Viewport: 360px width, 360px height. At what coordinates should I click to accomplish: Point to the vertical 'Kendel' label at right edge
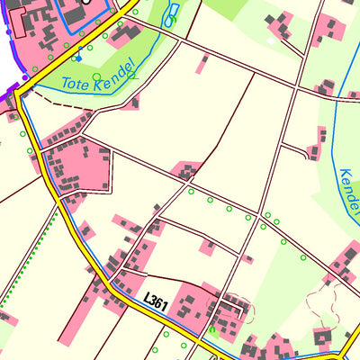click(349, 189)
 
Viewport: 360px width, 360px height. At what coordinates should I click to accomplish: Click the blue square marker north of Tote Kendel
click(78, 58)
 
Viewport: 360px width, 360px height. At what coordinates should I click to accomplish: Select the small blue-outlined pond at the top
click(171, 13)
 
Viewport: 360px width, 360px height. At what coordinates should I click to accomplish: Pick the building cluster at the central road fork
click(187, 169)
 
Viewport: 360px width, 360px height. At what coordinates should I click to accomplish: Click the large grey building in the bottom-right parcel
click(323, 337)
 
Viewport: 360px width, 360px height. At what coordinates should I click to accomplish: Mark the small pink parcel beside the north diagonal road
click(203, 63)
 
